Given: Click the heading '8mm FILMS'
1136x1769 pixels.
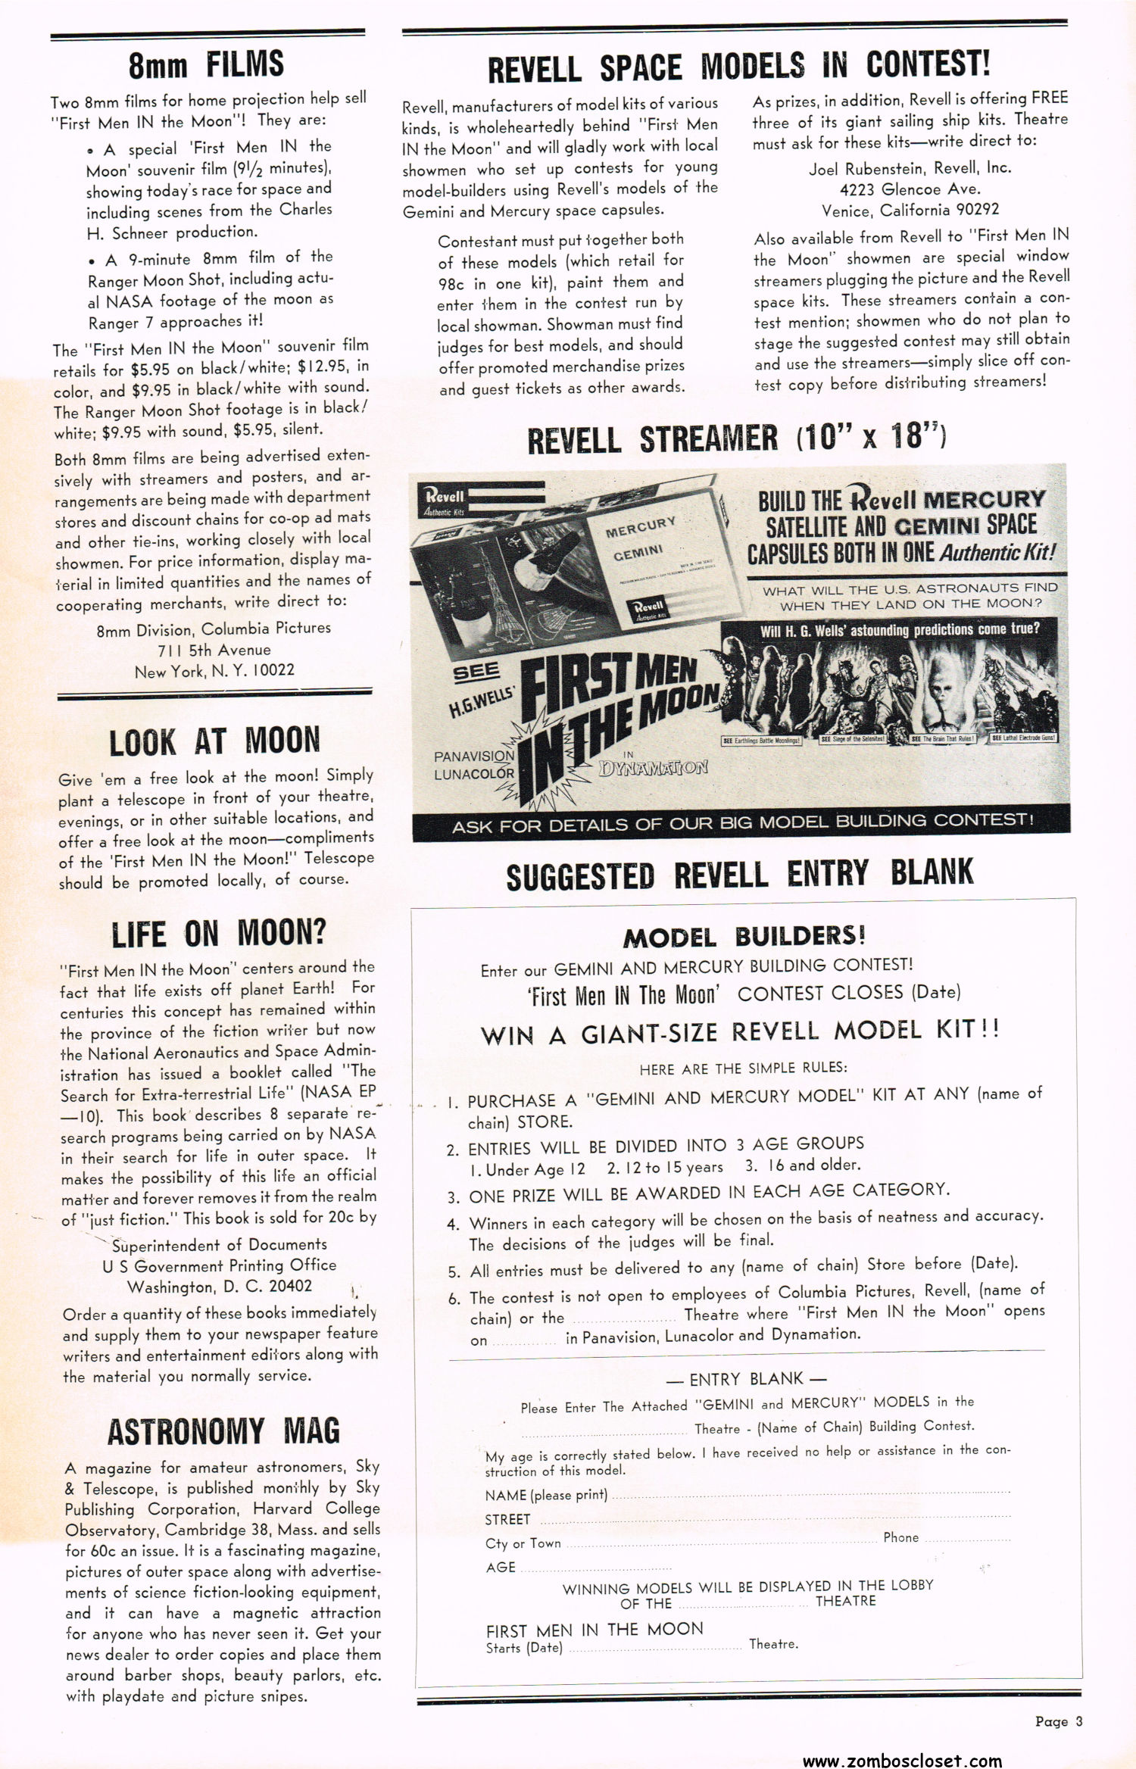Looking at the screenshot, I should click(x=206, y=64).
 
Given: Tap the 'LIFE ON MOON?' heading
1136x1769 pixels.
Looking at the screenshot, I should click(x=218, y=934).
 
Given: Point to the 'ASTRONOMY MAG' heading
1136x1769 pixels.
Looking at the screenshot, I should click(x=223, y=1431).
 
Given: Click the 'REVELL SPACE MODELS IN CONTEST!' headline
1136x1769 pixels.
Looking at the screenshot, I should click(x=738, y=67).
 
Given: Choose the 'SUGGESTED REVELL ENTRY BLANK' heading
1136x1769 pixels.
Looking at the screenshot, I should click(x=739, y=875).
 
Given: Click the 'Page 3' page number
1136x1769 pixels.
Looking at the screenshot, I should click(x=1059, y=1721).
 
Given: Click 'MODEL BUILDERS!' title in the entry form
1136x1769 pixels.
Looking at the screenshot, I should click(x=744, y=937).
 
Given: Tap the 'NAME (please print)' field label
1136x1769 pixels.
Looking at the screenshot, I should click(x=546, y=1495).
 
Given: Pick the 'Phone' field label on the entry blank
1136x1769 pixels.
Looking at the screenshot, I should click(x=900, y=1537).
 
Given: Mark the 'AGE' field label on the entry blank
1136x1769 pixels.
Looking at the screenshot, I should click(x=501, y=1567).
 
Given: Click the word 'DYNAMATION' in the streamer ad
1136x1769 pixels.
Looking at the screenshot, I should click(x=653, y=768).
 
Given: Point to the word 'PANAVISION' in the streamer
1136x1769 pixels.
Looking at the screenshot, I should click(x=474, y=756).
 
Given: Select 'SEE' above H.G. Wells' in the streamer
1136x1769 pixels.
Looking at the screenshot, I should click(x=476, y=671).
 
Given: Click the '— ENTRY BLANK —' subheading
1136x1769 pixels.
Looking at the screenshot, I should click(x=746, y=1378).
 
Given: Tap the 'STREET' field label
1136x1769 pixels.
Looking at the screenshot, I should click(x=507, y=1519).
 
